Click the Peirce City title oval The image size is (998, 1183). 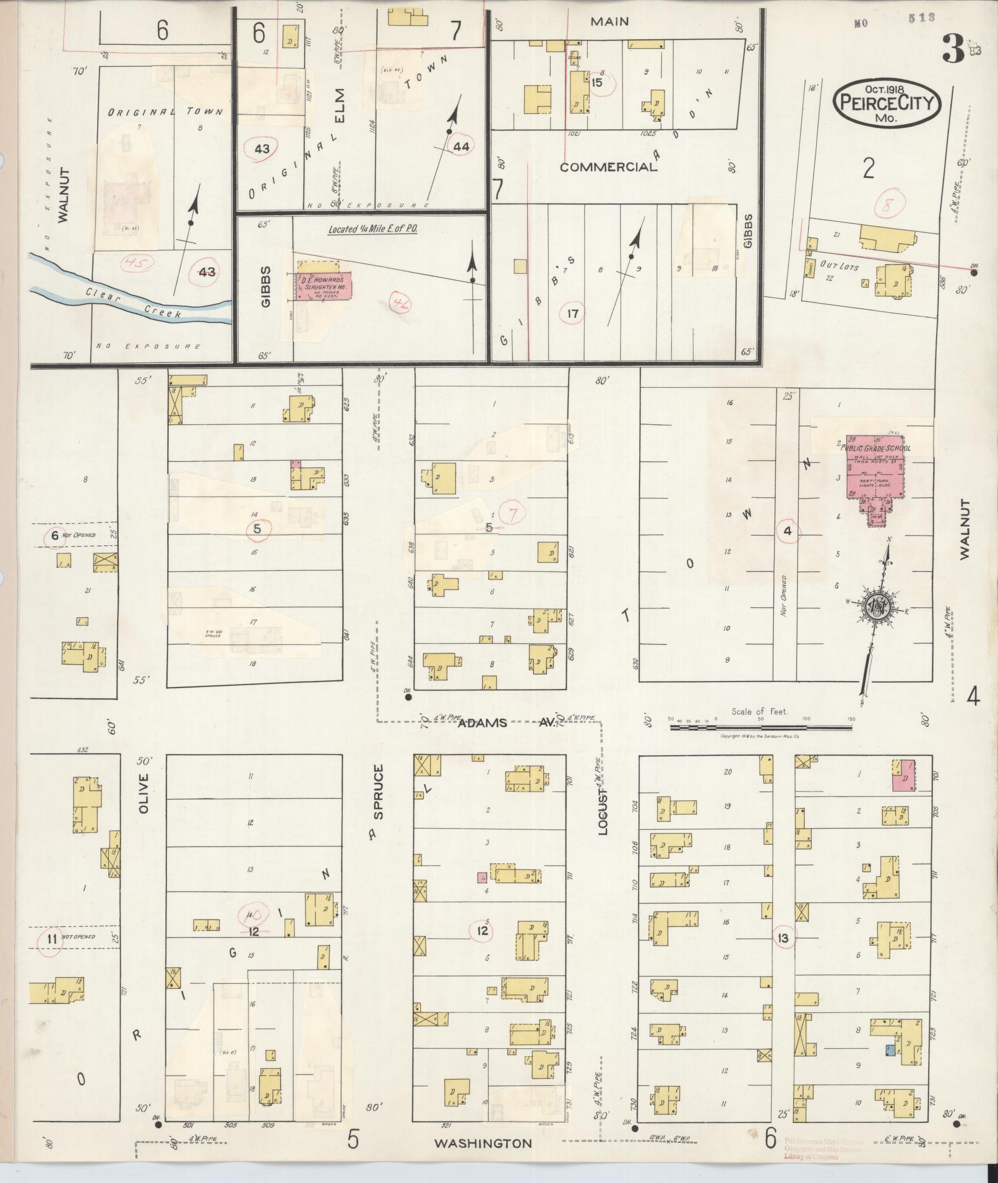(886, 103)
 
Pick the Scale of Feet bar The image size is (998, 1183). (760, 727)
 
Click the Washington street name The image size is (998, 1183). (483, 1143)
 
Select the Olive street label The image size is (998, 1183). (144, 793)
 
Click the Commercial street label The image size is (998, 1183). (608, 167)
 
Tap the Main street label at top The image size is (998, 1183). (609, 22)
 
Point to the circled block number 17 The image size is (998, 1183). (572, 314)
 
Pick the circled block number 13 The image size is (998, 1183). (783, 938)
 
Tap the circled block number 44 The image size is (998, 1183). (461, 147)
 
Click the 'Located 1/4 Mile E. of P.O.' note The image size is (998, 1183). (372, 229)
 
